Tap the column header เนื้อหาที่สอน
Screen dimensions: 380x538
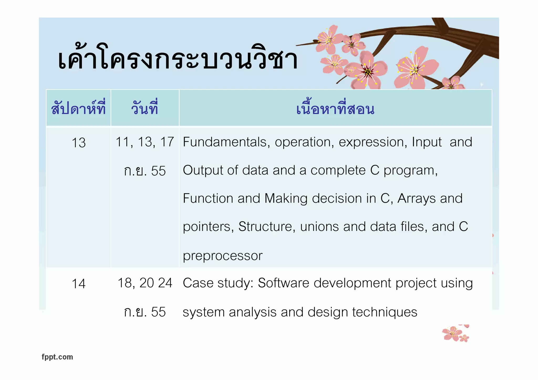(x=335, y=109)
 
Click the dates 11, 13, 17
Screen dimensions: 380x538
(x=145, y=142)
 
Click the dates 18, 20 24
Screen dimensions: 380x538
(x=145, y=283)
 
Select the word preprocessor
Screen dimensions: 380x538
(x=223, y=256)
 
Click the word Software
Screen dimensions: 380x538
(x=283, y=283)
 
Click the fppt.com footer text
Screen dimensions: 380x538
(x=57, y=357)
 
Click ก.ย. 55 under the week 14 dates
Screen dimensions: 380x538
(x=145, y=312)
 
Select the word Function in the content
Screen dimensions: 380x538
(x=208, y=199)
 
